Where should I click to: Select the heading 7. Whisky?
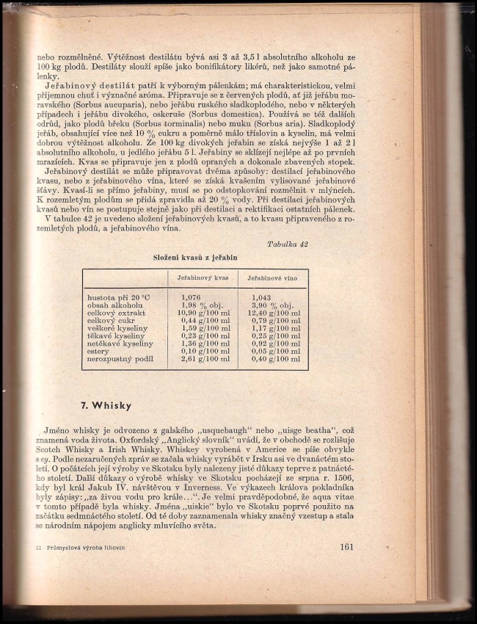[106, 405]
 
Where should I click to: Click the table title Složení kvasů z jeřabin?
[195, 258]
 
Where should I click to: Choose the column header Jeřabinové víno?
[272, 279]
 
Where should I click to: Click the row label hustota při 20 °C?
[118, 297]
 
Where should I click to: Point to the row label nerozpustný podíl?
[120, 358]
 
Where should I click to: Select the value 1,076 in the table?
[192, 297]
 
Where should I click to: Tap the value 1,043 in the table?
[262, 297]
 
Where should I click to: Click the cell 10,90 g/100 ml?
[203, 313]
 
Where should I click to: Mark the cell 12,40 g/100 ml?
[275, 313]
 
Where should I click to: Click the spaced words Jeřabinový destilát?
[95, 86]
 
